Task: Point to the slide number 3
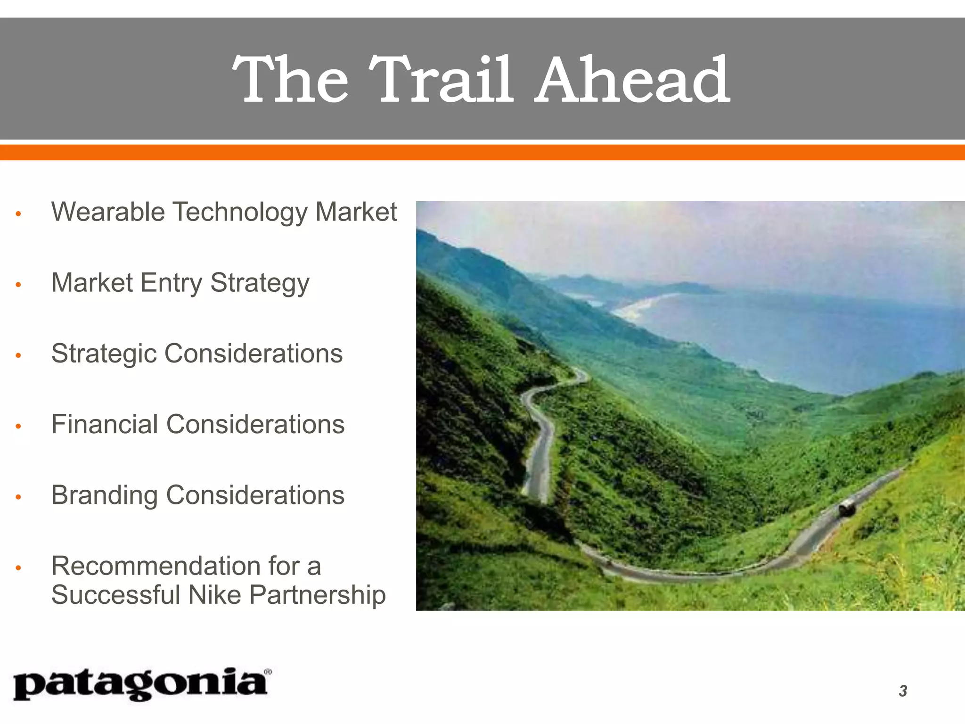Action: point(903,691)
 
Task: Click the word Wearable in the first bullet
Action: point(108,212)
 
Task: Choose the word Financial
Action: point(105,424)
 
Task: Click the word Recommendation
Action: point(156,566)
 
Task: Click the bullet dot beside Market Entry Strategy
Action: point(18,285)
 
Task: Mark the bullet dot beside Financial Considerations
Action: point(18,427)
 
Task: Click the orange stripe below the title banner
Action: point(482,152)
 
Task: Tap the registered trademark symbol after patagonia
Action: point(268,672)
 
